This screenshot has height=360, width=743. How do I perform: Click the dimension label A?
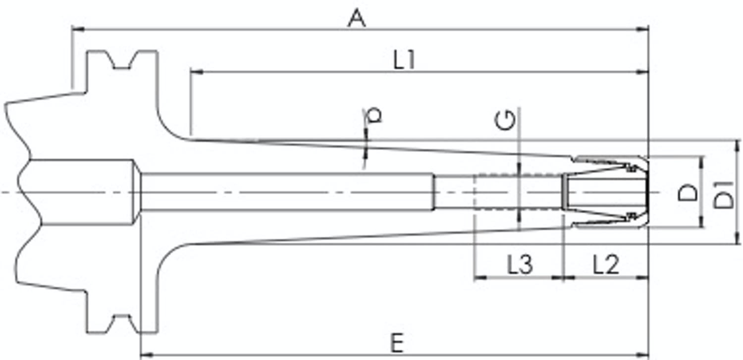[x=357, y=18]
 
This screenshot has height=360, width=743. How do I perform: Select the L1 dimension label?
[x=404, y=60]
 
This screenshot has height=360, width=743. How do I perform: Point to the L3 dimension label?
[x=520, y=264]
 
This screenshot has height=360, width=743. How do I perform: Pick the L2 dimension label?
[x=606, y=264]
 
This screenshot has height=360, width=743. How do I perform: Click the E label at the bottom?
[x=397, y=343]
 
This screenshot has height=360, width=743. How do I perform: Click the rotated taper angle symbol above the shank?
[x=373, y=115]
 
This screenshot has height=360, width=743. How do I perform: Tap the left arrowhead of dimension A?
[x=78, y=30]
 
